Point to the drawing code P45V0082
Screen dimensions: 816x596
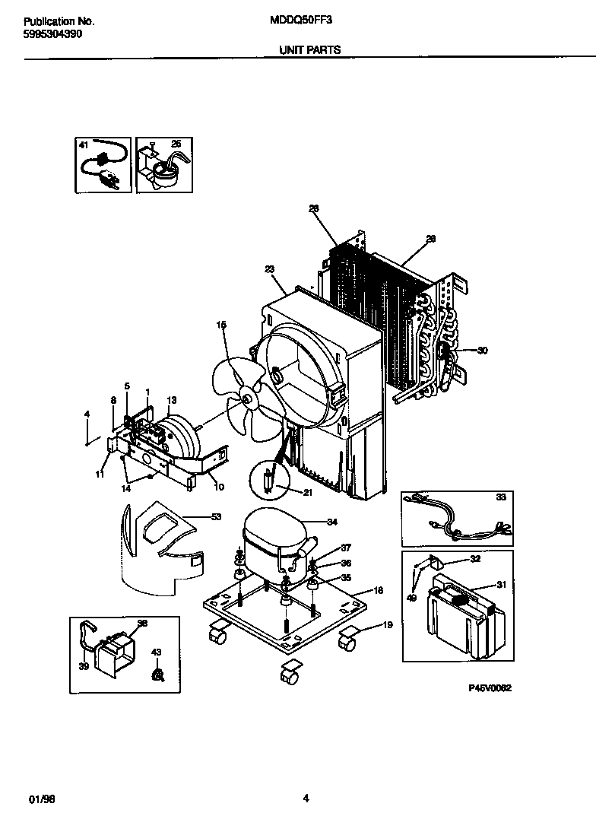coord(490,687)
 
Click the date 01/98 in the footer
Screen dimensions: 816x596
coord(42,777)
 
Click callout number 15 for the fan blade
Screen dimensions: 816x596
coord(221,325)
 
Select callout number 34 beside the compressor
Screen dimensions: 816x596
coord(331,522)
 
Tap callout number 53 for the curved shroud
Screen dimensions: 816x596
coord(216,518)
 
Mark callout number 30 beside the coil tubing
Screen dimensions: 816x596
coord(482,351)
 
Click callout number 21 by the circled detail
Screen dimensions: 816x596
coord(308,493)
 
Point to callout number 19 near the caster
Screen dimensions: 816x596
coord(387,625)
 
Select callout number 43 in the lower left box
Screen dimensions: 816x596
coord(157,652)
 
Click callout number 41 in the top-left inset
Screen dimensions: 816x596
coord(84,144)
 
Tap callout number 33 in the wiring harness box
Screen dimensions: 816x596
coord(499,498)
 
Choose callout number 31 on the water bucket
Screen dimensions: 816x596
coord(501,585)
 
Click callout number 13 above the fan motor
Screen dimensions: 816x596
coord(171,400)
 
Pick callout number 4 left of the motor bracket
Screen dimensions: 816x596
coord(87,414)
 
